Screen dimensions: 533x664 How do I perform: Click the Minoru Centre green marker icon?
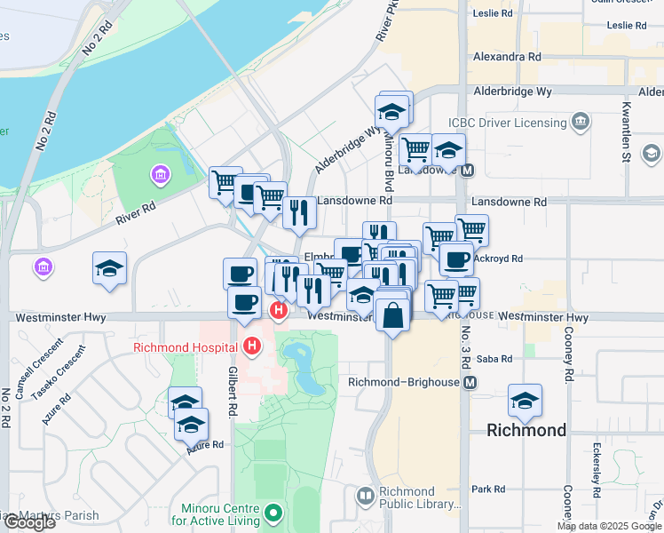(x=274, y=513)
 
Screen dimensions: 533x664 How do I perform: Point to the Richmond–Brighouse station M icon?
(x=470, y=382)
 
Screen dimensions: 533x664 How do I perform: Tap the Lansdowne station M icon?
(x=468, y=170)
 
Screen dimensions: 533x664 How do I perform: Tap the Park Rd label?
(x=488, y=489)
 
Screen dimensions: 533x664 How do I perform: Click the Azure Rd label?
(x=204, y=444)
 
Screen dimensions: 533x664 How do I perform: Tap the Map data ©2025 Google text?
(x=608, y=526)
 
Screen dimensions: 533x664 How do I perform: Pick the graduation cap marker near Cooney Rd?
(x=525, y=400)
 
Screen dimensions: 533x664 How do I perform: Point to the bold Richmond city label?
(x=526, y=431)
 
